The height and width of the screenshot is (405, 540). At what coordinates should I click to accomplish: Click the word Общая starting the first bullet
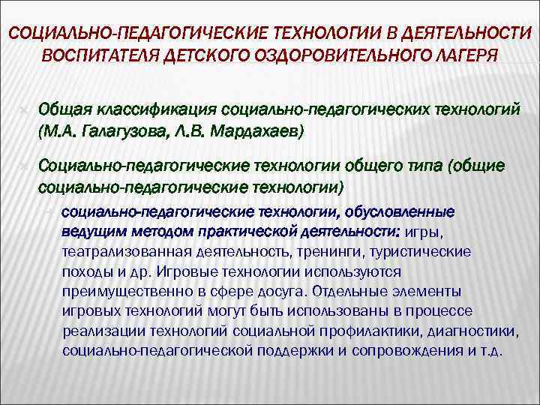[64, 110]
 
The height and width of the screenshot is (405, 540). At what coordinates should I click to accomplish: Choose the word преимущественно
[119, 291]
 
